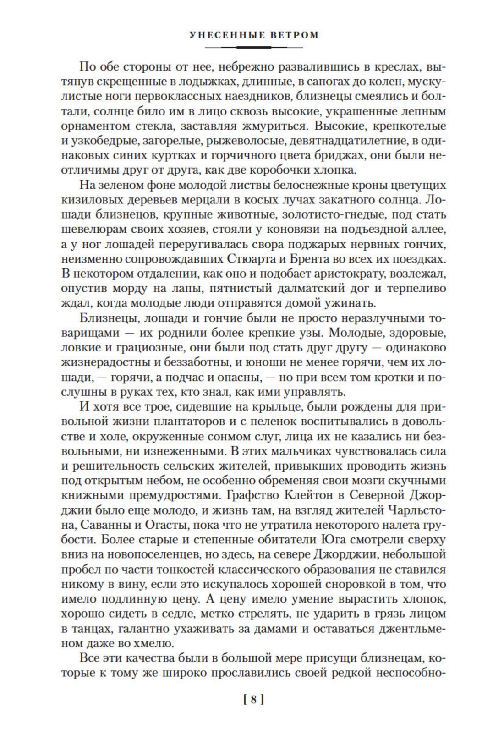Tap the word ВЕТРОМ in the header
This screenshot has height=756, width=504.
click(293, 35)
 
